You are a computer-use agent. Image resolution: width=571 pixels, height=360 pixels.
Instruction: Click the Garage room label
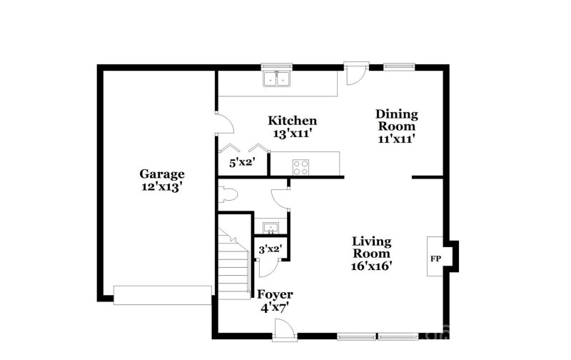(x=161, y=174)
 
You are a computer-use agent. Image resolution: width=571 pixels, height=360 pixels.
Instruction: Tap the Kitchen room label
(x=292, y=121)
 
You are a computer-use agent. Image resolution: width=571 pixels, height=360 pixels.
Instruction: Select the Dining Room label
(x=397, y=114)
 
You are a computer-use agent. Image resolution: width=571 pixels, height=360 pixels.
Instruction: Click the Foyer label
(x=275, y=294)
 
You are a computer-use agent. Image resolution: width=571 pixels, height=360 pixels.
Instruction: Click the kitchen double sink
(x=278, y=79)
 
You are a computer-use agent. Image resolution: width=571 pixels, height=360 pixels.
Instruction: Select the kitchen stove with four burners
(x=301, y=167)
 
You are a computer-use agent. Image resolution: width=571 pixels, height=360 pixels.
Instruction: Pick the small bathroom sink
(x=270, y=228)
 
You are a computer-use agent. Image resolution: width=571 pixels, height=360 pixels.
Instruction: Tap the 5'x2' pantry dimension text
(x=241, y=163)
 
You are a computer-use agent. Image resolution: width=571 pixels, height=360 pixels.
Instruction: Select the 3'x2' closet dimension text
(x=270, y=249)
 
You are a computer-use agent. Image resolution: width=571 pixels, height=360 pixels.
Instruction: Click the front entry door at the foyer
(x=283, y=329)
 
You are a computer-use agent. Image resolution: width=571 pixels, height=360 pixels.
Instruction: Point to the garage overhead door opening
(x=163, y=294)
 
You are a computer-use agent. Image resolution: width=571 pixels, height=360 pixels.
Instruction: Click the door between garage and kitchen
(x=224, y=123)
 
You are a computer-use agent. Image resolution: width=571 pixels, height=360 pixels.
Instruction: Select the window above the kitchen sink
(x=278, y=67)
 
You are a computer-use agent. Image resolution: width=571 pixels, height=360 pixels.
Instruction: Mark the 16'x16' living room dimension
(x=371, y=265)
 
